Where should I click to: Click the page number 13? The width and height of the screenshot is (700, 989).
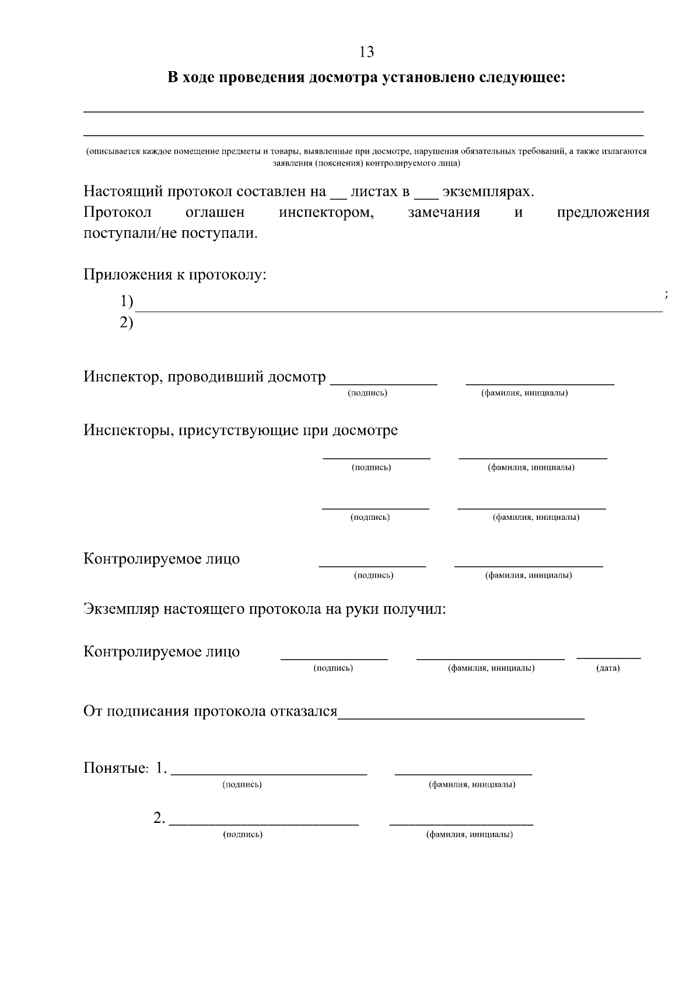(x=366, y=52)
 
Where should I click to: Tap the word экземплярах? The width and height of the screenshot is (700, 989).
(x=488, y=191)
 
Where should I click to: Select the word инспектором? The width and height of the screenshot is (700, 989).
(x=326, y=212)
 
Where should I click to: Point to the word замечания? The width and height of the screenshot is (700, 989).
(x=444, y=212)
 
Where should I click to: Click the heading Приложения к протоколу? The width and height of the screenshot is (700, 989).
(x=175, y=274)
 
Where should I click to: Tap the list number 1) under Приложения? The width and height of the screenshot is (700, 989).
(x=127, y=301)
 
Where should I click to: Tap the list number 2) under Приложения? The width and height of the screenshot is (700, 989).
(x=127, y=322)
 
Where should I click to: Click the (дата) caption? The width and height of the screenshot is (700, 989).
(x=608, y=668)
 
